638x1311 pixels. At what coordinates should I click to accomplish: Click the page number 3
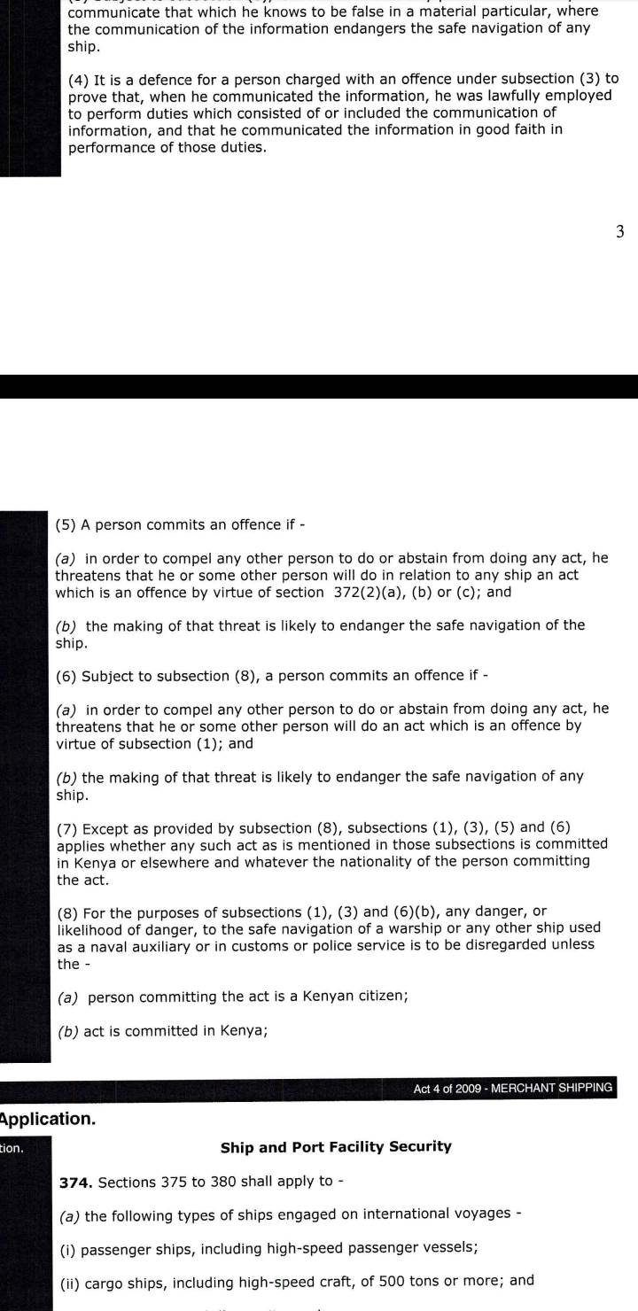click(620, 232)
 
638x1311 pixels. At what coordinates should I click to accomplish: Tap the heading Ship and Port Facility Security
click(336, 1147)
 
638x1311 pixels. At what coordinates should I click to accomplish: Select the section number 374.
click(75, 1183)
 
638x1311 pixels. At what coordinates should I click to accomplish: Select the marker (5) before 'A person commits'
click(66, 524)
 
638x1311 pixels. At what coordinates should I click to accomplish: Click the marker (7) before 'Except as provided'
click(66, 829)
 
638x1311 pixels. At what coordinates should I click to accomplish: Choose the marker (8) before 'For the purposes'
click(66, 912)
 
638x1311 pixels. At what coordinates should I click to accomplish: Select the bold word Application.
click(49, 1120)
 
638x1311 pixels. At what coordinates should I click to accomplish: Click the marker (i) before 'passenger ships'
click(69, 1250)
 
